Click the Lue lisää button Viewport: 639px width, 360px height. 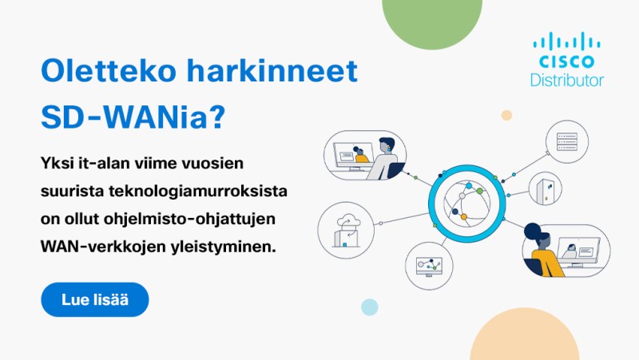[95, 299]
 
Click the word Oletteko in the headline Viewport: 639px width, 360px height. [109, 70]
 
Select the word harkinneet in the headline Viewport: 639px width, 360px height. [272, 70]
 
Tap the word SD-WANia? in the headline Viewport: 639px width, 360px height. [133, 117]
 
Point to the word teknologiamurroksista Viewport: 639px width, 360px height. [197, 191]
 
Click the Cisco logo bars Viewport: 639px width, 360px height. [566, 42]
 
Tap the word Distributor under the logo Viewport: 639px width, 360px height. [566, 81]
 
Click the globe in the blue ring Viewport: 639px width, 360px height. [467, 202]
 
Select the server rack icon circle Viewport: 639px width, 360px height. [567, 142]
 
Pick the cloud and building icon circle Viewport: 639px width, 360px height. [346, 230]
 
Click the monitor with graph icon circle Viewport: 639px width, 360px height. [429, 266]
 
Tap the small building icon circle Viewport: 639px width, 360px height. [546, 188]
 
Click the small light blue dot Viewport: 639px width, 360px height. [370, 307]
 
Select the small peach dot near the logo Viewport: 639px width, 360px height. [506, 115]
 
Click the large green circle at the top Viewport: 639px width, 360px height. [432, 21]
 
